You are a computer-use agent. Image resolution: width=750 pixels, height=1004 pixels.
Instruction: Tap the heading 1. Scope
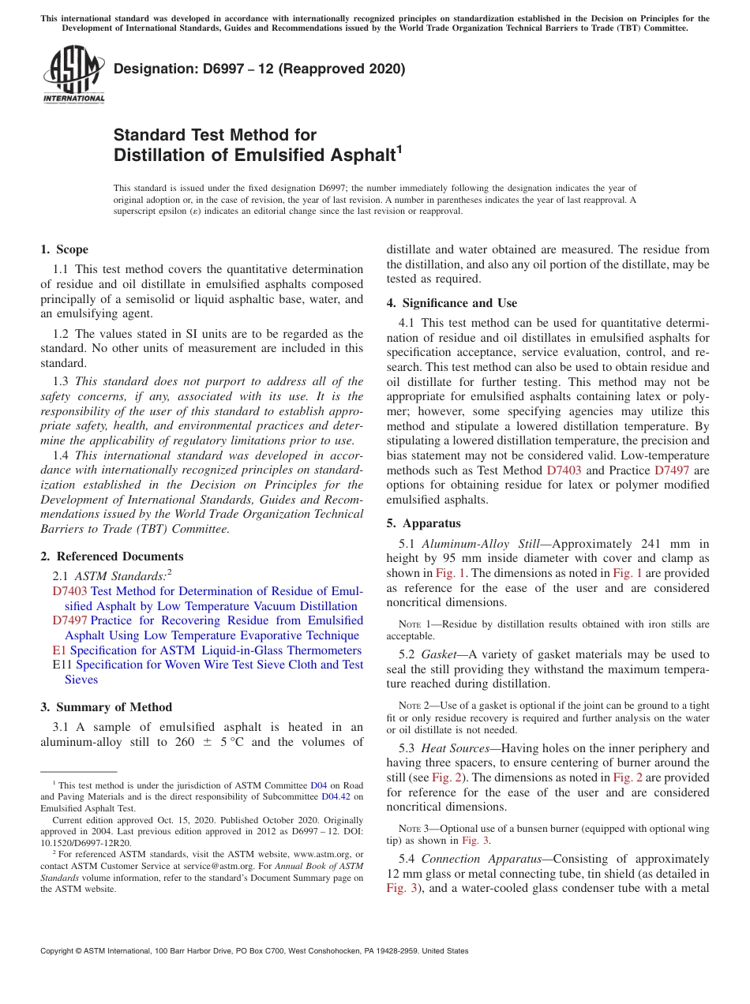click(x=64, y=249)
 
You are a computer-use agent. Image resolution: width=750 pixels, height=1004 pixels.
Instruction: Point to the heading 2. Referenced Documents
click(x=111, y=556)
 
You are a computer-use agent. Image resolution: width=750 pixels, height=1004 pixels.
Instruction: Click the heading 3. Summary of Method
click(x=106, y=707)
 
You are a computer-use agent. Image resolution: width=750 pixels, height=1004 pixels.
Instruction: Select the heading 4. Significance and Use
click(x=452, y=303)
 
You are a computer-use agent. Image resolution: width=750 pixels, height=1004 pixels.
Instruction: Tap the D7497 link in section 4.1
click(x=672, y=470)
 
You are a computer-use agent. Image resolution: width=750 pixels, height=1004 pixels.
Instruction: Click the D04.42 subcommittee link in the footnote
click(x=336, y=796)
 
